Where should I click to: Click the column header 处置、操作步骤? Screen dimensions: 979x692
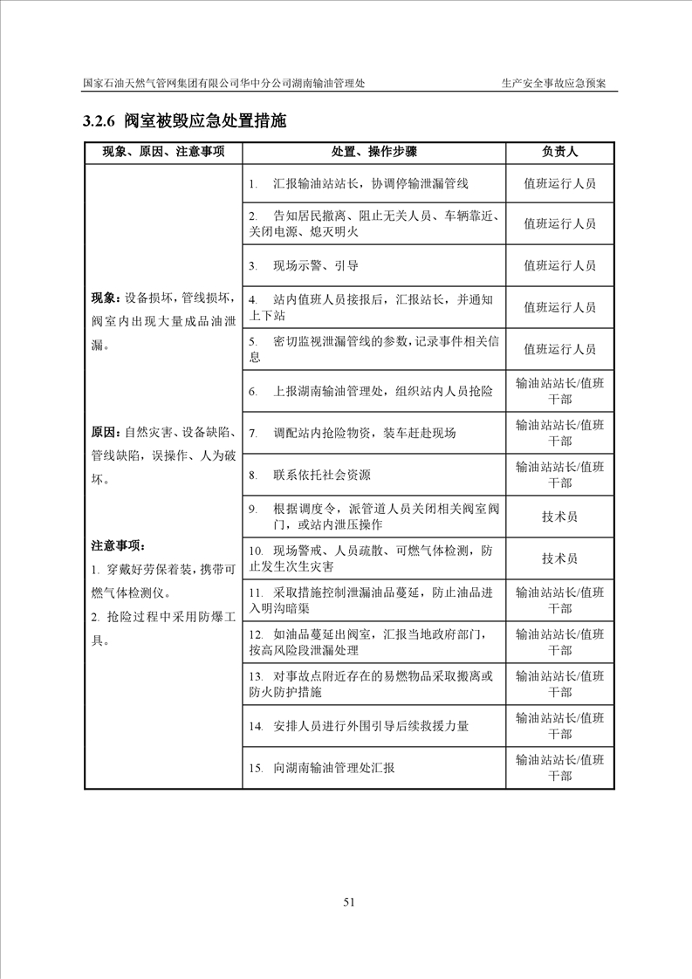click(373, 152)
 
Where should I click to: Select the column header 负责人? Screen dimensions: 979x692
click(559, 152)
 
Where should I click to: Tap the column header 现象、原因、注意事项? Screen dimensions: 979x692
click(163, 152)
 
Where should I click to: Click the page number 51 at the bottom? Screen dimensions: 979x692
click(348, 902)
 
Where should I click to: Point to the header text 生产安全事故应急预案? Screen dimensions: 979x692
click(553, 84)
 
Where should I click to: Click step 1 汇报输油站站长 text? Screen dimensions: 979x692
click(370, 184)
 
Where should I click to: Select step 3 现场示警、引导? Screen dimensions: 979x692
click(315, 266)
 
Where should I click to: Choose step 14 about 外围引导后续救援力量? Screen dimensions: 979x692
click(370, 726)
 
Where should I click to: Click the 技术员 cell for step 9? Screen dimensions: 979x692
click(559, 517)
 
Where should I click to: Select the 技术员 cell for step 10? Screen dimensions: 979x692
click(559, 558)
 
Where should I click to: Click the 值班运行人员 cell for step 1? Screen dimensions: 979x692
click(559, 184)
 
